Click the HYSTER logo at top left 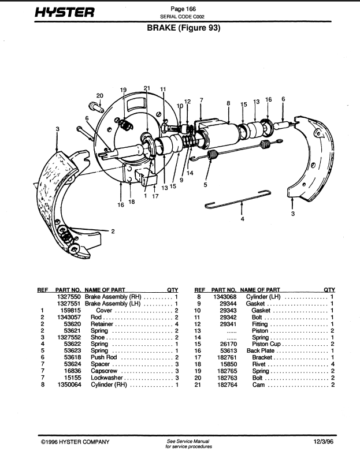click(x=65, y=12)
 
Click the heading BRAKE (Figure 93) click(x=184, y=28)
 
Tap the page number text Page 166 click(x=183, y=9)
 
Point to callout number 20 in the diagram click(x=99, y=96)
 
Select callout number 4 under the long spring click(x=243, y=219)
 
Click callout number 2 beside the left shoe click(x=113, y=231)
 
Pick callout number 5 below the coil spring click(x=205, y=185)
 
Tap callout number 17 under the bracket click(x=155, y=196)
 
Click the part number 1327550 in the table click(x=69, y=297)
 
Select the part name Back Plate click(x=261, y=351)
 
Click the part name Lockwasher click(x=107, y=378)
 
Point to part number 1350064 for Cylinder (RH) click(x=69, y=385)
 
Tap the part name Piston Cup click(x=266, y=344)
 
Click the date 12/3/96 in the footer click(x=324, y=442)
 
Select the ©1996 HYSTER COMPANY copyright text click(x=75, y=442)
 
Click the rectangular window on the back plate click(x=135, y=105)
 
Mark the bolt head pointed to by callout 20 click(x=96, y=107)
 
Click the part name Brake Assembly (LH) click(x=113, y=303)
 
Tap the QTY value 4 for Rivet click(x=333, y=364)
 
